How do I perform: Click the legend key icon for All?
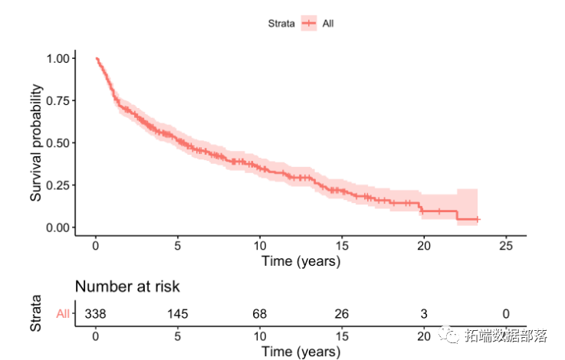pyautogui.click(x=309, y=24)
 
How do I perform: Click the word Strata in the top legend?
pyautogui.click(x=281, y=24)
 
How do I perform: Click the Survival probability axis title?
pyautogui.click(x=36, y=142)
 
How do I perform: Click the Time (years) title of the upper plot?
pyautogui.click(x=301, y=261)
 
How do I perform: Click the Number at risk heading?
pyautogui.click(x=127, y=286)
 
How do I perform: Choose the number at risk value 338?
pyautogui.click(x=95, y=313)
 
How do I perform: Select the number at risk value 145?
pyautogui.click(x=177, y=313)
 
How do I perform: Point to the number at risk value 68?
pyautogui.click(x=259, y=313)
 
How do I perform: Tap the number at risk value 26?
pyautogui.click(x=341, y=313)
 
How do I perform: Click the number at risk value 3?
pyautogui.click(x=423, y=313)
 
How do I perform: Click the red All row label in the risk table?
pyautogui.click(x=63, y=313)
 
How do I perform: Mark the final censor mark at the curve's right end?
pyautogui.click(x=478, y=220)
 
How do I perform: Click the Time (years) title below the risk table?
pyautogui.click(x=301, y=352)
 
